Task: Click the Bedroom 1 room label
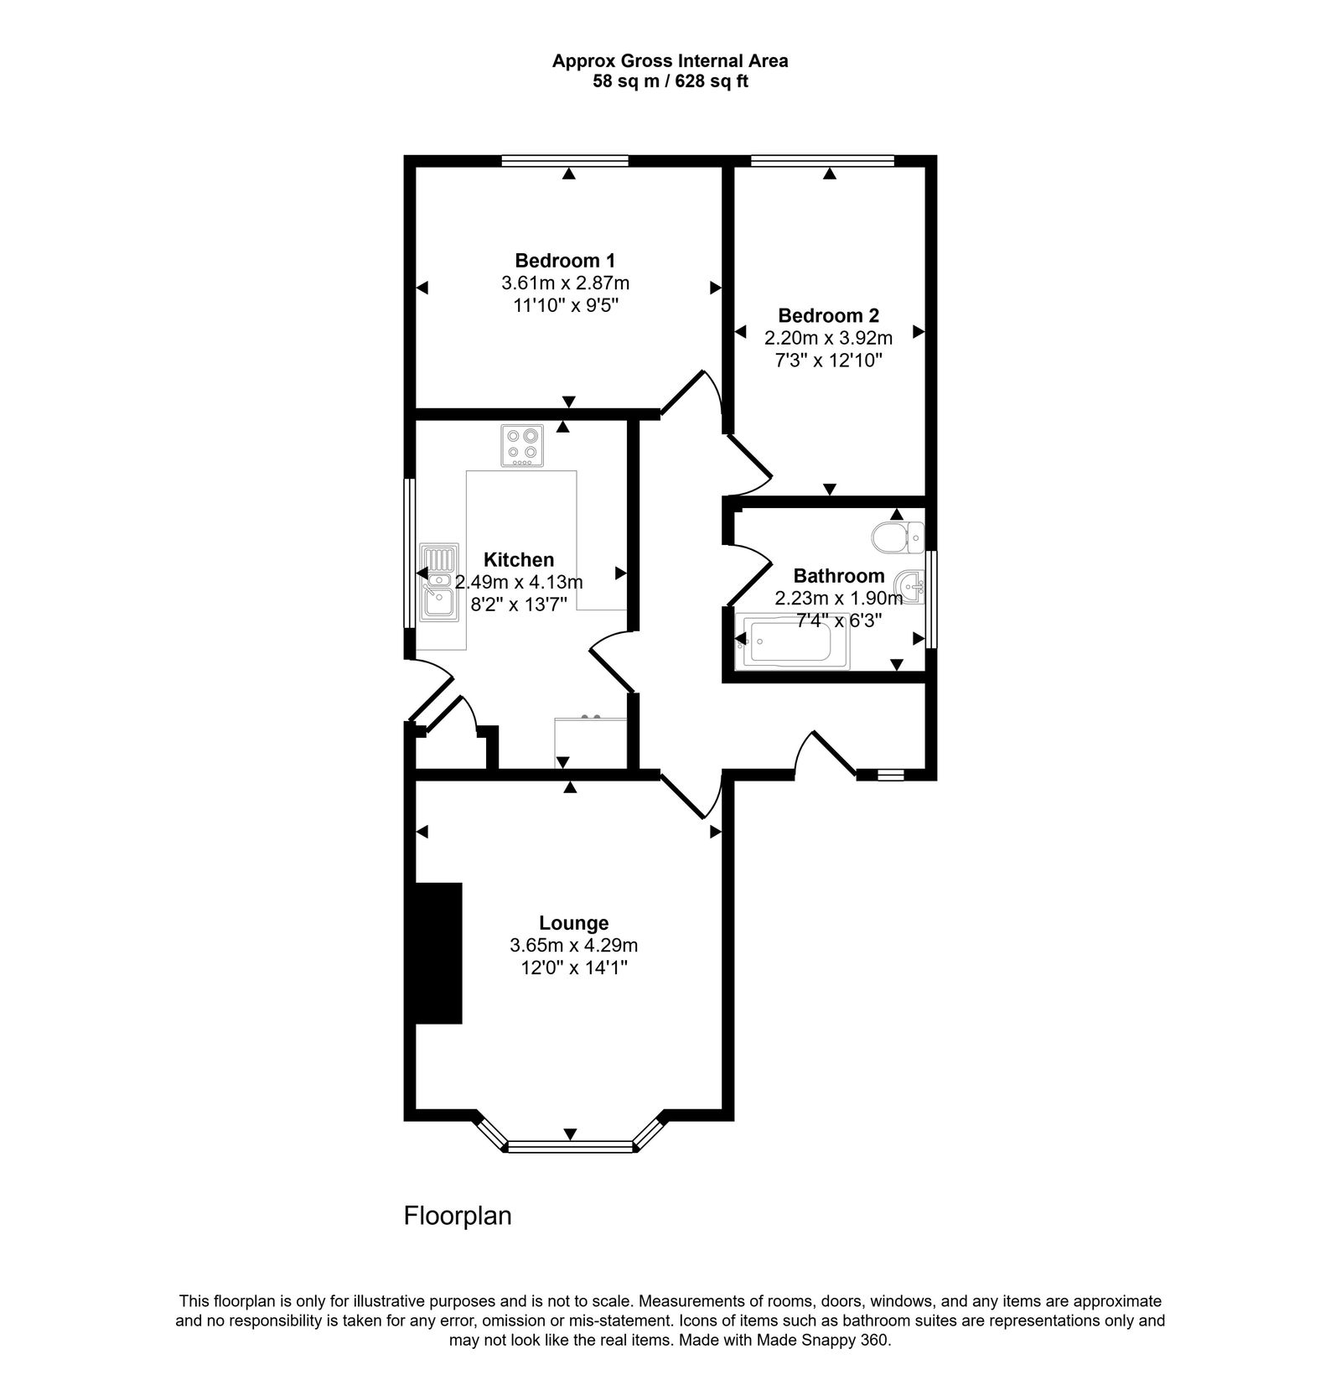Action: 565,260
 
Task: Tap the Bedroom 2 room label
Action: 828,316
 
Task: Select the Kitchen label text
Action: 519,560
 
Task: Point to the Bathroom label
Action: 838,576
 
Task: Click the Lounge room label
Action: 573,923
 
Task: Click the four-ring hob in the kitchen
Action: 522,445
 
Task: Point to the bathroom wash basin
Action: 909,584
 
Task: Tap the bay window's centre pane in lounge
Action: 570,1146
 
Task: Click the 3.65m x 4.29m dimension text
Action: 573,946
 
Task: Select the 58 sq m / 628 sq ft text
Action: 670,82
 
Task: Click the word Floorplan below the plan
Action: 458,1216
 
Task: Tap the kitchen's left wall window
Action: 410,553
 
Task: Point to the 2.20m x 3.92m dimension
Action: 828,339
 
